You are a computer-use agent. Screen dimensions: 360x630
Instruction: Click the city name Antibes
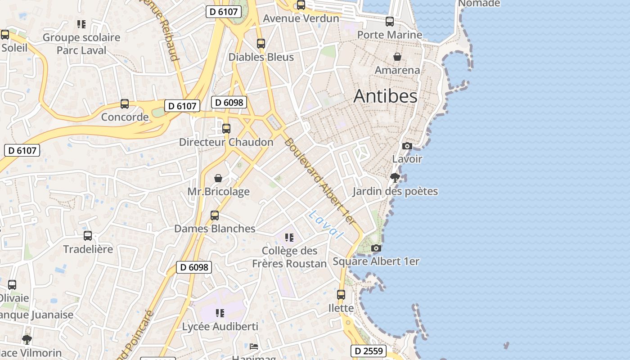pyautogui.click(x=385, y=96)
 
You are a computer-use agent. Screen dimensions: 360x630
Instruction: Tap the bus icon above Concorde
pyautogui.click(x=125, y=104)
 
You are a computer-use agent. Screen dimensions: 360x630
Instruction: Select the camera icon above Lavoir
pyautogui.click(x=407, y=146)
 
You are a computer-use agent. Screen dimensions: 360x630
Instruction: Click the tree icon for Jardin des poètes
pyautogui.click(x=395, y=178)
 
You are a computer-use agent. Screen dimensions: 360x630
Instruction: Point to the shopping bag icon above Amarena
pyautogui.click(x=397, y=57)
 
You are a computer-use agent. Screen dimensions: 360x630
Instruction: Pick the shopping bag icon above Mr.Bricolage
pyautogui.click(x=218, y=178)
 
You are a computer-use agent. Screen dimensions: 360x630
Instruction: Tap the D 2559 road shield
pyautogui.click(x=368, y=351)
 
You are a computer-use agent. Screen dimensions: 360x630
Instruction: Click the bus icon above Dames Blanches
pyautogui.click(x=215, y=215)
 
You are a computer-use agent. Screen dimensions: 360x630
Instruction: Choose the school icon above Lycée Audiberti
pyautogui.click(x=220, y=313)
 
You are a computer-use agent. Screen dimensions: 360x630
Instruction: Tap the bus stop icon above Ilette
pyautogui.click(x=341, y=295)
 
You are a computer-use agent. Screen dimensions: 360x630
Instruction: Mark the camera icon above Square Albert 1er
pyautogui.click(x=376, y=248)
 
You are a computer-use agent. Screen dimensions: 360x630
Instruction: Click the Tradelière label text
pyautogui.click(x=88, y=249)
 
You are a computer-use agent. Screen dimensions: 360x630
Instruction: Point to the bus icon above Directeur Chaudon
pyautogui.click(x=226, y=129)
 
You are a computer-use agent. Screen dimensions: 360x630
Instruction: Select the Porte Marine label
pyautogui.click(x=389, y=35)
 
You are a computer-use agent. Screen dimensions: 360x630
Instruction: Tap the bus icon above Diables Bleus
pyautogui.click(x=261, y=44)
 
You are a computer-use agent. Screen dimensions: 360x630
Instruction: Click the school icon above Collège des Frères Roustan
pyautogui.click(x=289, y=237)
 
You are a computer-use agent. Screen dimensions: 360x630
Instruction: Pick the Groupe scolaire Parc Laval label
pyautogui.click(x=81, y=44)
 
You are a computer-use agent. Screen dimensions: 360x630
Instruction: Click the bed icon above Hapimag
pyautogui.click(x=254, y=346)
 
